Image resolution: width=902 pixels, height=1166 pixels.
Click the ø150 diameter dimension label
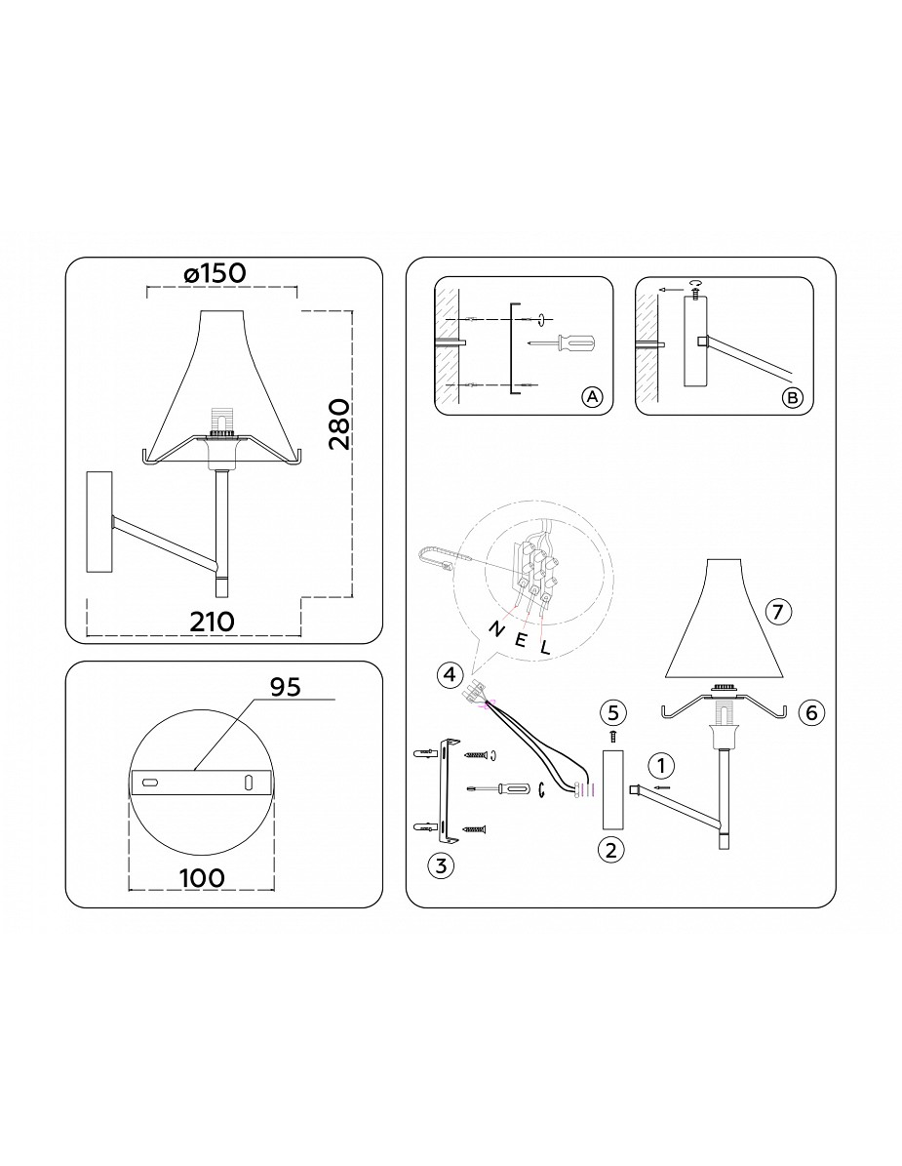[x=214, y=273]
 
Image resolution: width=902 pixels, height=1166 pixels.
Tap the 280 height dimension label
[x=338, y=424]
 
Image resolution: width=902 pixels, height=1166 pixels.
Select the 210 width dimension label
[x=213, y=621]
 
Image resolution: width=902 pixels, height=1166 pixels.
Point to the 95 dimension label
[x=285, y=687]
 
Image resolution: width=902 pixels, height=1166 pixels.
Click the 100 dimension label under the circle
[x=202, y=877]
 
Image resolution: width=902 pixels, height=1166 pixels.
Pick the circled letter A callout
[x=592, y=397]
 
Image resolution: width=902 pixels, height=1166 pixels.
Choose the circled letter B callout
[x=793, y=398]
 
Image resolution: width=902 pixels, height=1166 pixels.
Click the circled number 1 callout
[x=660, y=764]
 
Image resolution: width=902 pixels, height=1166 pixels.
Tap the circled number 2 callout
[x=610, y=849]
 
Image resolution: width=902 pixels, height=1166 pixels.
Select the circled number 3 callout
[x=441, y=864]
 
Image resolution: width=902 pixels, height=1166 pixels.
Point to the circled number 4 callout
[x=448, y=674]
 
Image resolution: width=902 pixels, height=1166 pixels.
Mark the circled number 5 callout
[x=612, y=712]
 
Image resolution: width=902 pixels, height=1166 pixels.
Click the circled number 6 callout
[x=810, y=712]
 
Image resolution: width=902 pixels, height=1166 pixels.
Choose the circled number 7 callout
[x=777, y=612]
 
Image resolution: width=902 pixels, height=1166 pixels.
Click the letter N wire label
[x=494, y=629]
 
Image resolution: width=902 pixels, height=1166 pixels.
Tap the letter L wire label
[x=545, y=647]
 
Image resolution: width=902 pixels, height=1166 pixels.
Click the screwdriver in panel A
[x=561, y=342]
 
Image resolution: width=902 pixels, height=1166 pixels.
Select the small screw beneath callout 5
[x=612, y=736]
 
